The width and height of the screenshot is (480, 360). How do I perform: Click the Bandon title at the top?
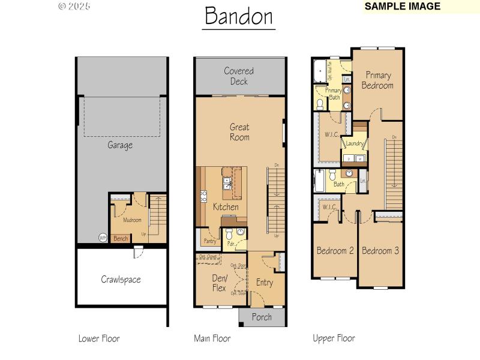[x=239, y=17]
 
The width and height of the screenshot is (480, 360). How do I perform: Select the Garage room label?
[x=120, y=145]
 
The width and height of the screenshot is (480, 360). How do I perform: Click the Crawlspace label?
[x=121, y=280]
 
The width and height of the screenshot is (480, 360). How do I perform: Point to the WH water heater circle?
[x=103, y=238]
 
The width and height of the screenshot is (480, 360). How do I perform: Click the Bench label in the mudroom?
[x=121, y=239]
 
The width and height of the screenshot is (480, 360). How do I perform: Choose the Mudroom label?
[x=132, y=220]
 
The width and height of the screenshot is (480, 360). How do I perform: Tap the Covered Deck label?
[x=239, y=76]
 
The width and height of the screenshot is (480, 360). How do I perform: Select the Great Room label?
[x=239, y=132]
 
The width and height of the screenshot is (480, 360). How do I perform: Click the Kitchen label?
[x=226, y=207]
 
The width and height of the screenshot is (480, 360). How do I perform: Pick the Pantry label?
[x=209, y=241]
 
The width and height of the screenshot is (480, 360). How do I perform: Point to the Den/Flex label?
[x=219, y=283]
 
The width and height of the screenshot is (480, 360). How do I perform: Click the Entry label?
[x=264, y=283]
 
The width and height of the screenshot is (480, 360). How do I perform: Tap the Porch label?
[x=262, y=317]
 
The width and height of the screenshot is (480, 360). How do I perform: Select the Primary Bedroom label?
[x=377, y=80]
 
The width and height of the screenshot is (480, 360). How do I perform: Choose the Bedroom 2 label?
[x=335, y=251]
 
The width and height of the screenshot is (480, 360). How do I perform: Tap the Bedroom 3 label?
[x=380, y=251]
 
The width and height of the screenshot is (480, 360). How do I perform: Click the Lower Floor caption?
[x=99, y=338]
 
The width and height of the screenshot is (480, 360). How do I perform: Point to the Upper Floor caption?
[x=334, y=338]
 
